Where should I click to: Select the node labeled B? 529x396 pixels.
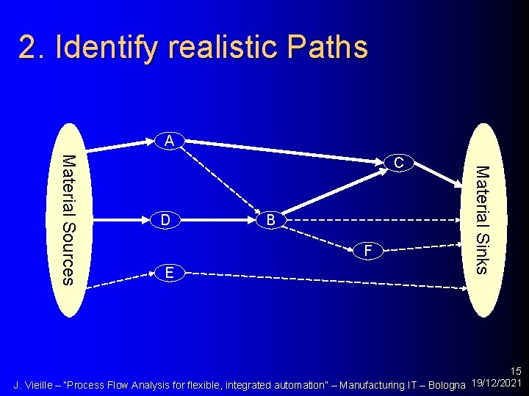270,220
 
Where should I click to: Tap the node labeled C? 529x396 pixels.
397,162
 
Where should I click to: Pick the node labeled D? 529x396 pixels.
166,219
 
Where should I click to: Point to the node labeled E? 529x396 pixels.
169,273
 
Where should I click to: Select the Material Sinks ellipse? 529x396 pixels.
481,219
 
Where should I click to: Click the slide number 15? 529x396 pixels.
515,372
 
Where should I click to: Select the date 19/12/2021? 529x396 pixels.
496,384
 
